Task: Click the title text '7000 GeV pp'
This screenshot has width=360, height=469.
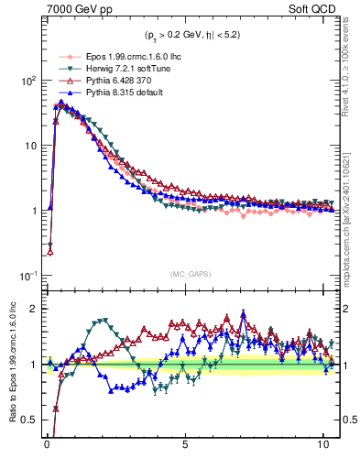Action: coord(73,11)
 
